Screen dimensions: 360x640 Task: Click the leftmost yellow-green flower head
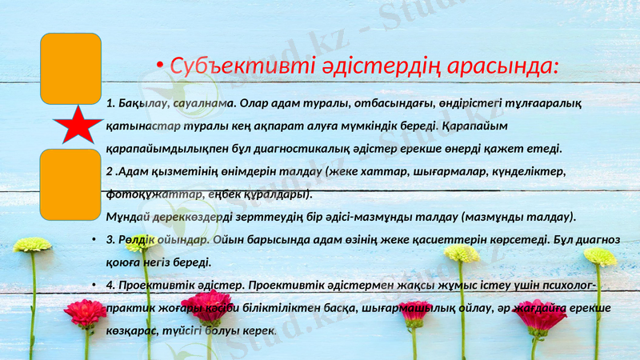(x=32, y=244)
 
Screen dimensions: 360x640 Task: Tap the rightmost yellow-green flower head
(x=600, y=256)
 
